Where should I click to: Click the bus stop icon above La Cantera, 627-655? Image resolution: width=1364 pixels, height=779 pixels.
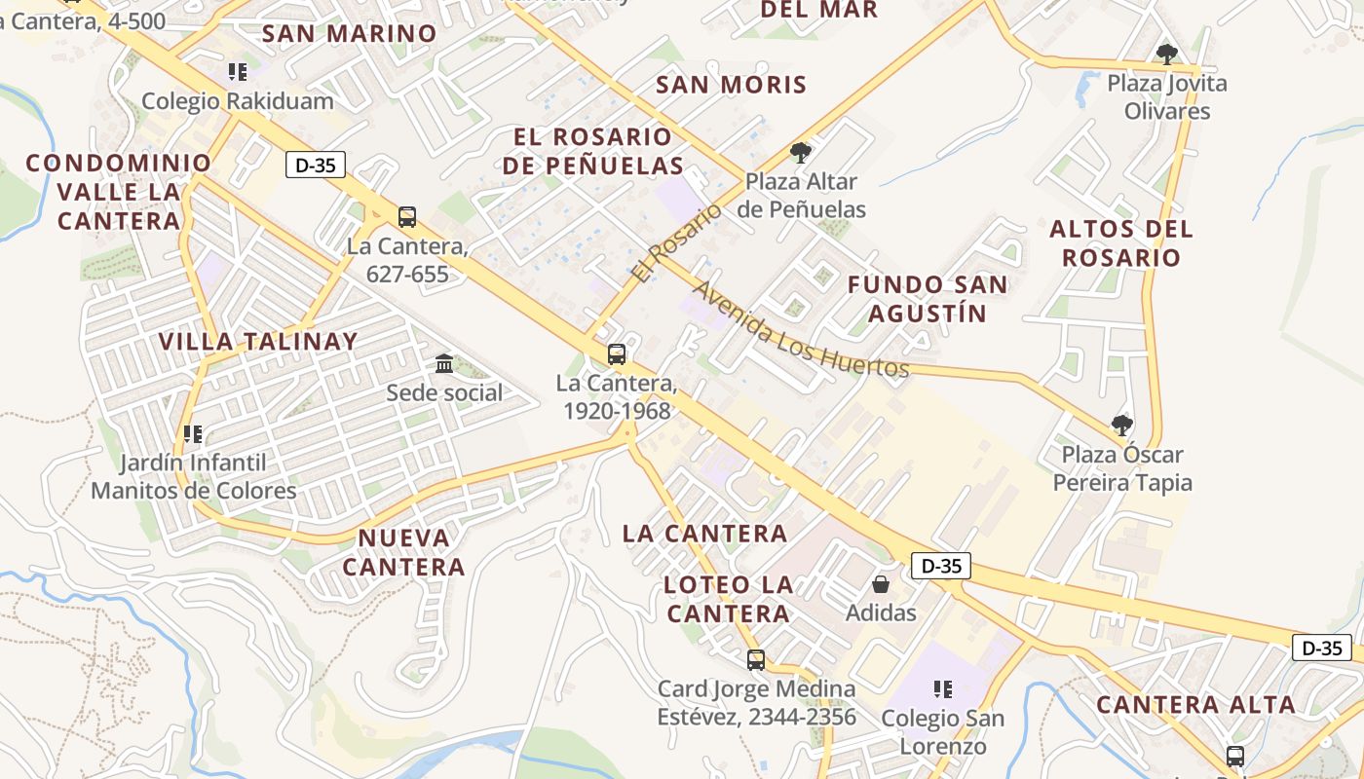coord(407,216)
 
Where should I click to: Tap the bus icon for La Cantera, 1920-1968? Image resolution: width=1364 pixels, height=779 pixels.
coord(616,353)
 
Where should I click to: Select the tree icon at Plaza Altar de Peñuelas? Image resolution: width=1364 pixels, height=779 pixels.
coord(801,152)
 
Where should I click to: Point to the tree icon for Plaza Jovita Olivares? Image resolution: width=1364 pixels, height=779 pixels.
coord(1166,54)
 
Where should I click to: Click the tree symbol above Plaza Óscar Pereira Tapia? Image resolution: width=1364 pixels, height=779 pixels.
coord(1122,425)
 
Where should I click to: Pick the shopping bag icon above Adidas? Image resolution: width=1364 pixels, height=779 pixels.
coord(881,583)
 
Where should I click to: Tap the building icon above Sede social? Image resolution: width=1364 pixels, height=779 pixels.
coord(444,363)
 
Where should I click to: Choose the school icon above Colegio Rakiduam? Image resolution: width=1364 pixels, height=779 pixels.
coord(237,71)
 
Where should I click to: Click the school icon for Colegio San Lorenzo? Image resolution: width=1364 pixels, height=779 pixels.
coord(942,689)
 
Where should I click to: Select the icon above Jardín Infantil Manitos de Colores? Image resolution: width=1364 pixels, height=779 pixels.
coord(192,432)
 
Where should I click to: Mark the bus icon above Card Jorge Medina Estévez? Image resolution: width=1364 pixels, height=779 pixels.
coord(755,660)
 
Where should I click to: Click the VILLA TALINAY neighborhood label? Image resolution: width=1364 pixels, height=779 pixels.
coord(258,342)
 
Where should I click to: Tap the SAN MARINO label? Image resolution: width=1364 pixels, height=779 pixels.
coord(349,34)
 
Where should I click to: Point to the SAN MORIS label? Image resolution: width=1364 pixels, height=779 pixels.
coord(732,85)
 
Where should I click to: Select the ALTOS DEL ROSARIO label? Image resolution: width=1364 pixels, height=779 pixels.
coord(1120,243)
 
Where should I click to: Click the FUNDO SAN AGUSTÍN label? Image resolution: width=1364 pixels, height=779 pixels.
coord(927,299)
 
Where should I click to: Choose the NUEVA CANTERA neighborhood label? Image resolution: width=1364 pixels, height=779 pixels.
coord(404,552)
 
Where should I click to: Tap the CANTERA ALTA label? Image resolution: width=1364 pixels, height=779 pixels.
coord(1195,705)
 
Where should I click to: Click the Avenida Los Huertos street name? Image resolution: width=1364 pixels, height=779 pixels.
coord(800,330)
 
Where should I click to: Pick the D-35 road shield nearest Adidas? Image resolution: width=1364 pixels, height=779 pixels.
coord(941,565)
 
